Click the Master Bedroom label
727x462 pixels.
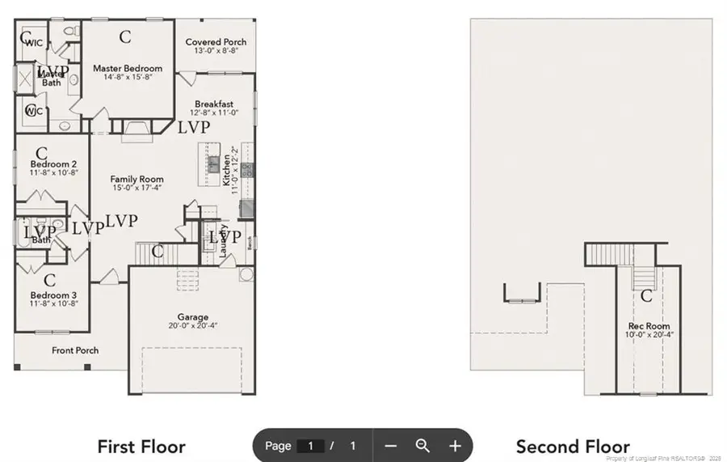[127, 69]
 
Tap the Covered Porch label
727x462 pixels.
[216, 42]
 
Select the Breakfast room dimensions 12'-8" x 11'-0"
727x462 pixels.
[214, 113]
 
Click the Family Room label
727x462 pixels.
[137, 179]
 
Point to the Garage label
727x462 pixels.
[193, 317]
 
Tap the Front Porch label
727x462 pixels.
[75, 350]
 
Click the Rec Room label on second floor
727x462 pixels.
[649, 326]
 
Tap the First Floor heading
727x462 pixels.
[141, 447]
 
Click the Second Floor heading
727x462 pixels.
[573, 447]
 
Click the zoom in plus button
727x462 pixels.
[455, 446]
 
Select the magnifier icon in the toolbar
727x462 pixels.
[422, 446]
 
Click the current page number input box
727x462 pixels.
[310, 446]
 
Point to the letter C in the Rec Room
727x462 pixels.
[646, 297]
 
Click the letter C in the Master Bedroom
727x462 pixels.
[125, 36]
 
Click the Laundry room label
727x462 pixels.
[224, 240]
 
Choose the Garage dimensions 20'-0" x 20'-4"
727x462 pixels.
[193, 326]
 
